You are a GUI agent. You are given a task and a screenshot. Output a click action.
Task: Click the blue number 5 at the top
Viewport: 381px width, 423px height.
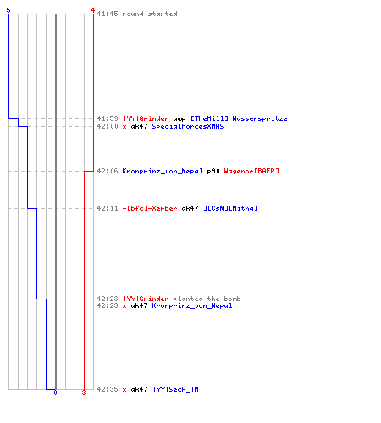pyautogui.click(x=8, y=10)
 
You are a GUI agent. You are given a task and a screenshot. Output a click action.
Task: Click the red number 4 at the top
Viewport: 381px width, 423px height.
pyautogui.click(x=92, y=10)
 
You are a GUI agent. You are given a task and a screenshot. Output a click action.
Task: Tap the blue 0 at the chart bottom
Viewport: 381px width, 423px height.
pyautogui.click(x=55, y=393)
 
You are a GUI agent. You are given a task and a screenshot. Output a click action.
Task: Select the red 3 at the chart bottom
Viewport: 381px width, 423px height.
pyautogui.click(x=84, y=393)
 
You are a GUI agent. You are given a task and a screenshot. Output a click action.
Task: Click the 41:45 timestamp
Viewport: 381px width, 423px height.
pyautogui.click(x=108, y=14)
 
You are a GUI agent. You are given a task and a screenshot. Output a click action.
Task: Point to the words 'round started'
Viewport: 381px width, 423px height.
pyautogui.click(x=150, y=14)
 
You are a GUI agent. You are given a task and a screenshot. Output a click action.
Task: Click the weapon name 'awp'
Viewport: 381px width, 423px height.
pyautogui.click(x=179, y=118)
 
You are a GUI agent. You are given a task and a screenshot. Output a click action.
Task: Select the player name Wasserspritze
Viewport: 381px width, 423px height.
pyautogui.click(x=260, y=118)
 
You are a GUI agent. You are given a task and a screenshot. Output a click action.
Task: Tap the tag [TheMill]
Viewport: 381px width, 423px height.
pyautogui.click(x=209, y=118)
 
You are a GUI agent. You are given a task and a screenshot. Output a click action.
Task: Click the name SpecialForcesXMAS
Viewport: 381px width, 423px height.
pyautogui.click(x=188, y=126)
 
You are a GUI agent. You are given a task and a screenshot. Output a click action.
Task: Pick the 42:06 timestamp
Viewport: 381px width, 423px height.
pyautogui.click(x=108, y=171)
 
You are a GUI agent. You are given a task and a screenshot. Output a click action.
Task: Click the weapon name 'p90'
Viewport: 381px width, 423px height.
pyautogui.click(x=213, y=171)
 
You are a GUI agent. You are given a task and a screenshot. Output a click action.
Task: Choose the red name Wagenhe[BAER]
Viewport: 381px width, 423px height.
pyautogui.click(x=251, y=171)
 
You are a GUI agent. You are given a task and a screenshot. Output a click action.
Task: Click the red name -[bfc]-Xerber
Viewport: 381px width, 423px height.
pyautogui.click(x=150, y=208)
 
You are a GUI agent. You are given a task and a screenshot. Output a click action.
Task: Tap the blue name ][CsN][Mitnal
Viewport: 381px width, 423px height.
pyautogui.click(x=230, y=208)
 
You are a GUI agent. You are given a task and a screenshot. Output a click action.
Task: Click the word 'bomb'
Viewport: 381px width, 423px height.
pyautogui.click(x=232, y=299)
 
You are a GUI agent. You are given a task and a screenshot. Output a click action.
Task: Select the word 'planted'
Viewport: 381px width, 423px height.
pyautogui.click(x=188, y=299)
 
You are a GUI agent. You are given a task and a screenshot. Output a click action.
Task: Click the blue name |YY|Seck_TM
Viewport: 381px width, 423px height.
pyautogui.click(x=176, y=389)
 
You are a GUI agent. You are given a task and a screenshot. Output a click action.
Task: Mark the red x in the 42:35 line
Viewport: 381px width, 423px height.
pyautogui.click(x=124, y=390)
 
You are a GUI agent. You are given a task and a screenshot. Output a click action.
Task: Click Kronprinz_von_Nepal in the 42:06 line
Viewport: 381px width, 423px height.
pyautogui.click(x=163, y=171)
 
